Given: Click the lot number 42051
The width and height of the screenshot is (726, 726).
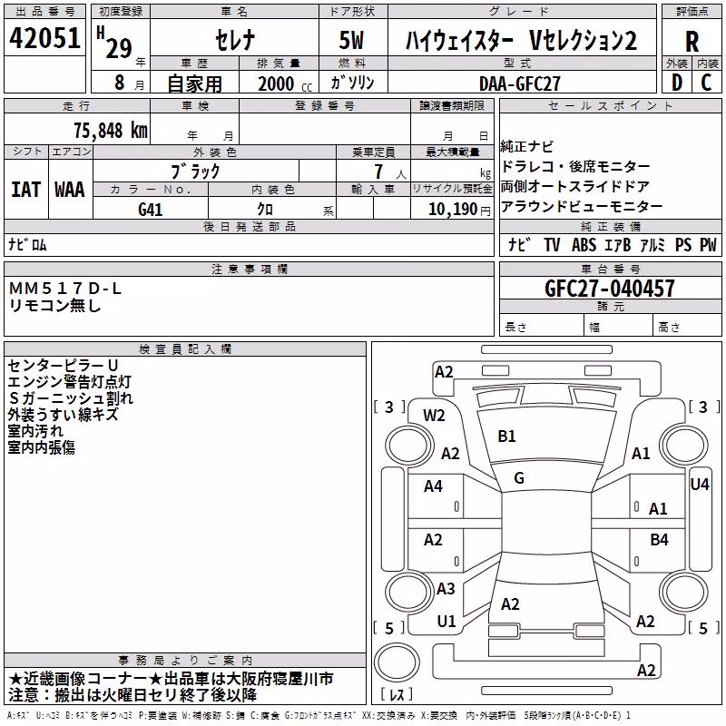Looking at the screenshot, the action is click(x=44, y=38).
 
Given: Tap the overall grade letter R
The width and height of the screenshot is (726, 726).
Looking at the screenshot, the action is click(x=692, y=42).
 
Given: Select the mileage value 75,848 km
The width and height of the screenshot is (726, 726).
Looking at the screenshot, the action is click(x=111, y=131).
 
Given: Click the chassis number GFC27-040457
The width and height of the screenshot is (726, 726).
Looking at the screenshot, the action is click(x=609, y=289).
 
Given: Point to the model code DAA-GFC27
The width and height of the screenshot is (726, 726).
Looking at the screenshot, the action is click(x=519, y=83).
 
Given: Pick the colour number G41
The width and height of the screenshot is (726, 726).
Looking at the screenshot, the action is click(x=150, y=210).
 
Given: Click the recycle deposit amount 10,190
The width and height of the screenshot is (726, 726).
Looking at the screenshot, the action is click(x=452, y=210).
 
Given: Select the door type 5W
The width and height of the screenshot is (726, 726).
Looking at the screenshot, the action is click(x=351, y=40).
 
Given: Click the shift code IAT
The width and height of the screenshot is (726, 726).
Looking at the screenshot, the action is click(x=26, y=190).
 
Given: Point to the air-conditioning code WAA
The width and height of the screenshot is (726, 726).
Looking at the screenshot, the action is click(x=70, y=190).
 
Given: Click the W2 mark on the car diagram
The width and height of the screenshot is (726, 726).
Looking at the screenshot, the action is click(x=434, y=416).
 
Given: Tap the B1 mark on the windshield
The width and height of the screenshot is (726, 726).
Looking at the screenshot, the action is click(x=506, y=437).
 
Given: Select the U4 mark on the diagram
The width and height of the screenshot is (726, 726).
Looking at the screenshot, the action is click(x=700, y=485).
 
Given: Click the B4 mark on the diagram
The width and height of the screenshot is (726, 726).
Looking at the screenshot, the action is click(x=659, y=539).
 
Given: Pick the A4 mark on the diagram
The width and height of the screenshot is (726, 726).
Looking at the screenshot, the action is click(x=433, y=486).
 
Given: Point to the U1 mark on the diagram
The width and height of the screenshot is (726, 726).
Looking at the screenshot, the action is click(x=446, y=622).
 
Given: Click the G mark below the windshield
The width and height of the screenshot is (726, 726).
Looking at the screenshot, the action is click(x=519, y=478).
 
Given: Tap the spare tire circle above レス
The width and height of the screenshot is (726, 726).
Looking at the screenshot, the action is click(x=397, y=662).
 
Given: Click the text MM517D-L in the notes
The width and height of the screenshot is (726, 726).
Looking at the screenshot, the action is click(x=64, y=289).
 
